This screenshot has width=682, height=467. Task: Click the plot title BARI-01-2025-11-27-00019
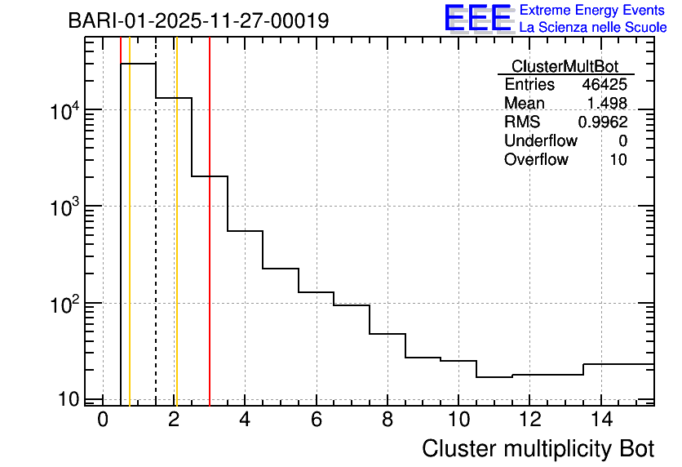pyautogui.click(x=198, y=20)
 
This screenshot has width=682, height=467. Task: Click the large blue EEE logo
pyautogui.click(x=478, y=18)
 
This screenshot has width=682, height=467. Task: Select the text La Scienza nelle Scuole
pyautogui.click(x=593, y=28)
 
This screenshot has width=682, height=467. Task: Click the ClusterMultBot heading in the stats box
pyautogui.click(x=565, y=66)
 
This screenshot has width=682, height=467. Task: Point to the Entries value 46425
pyautogui.click(x=604, y=85)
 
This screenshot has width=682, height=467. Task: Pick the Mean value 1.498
pyautogui.click(x=607, y=104)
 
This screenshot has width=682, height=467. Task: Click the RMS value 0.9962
pyautogui.click(x=603, y=122)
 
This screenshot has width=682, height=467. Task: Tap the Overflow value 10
pyautogui.click(x=618, y=160)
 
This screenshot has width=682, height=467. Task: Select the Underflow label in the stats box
pyautogui.click(x=541, y=141)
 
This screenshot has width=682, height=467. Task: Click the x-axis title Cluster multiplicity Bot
pyautogui.click(x=538, y=449)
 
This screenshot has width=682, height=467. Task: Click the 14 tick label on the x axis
pyautogui.click(x=600, y=420)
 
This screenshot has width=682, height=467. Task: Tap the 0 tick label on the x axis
pyautogui.click(x=103, y=420)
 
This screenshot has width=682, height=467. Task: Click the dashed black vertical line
pyautogui.click(x=156, y=245)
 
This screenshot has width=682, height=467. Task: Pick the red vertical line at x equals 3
pyautogui.click(x=210, y=245)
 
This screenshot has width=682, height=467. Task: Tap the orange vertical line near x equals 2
pyautogui.click(x=176, y=245)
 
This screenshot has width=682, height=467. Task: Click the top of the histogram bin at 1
pyautogui.click(x=138, y=64)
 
